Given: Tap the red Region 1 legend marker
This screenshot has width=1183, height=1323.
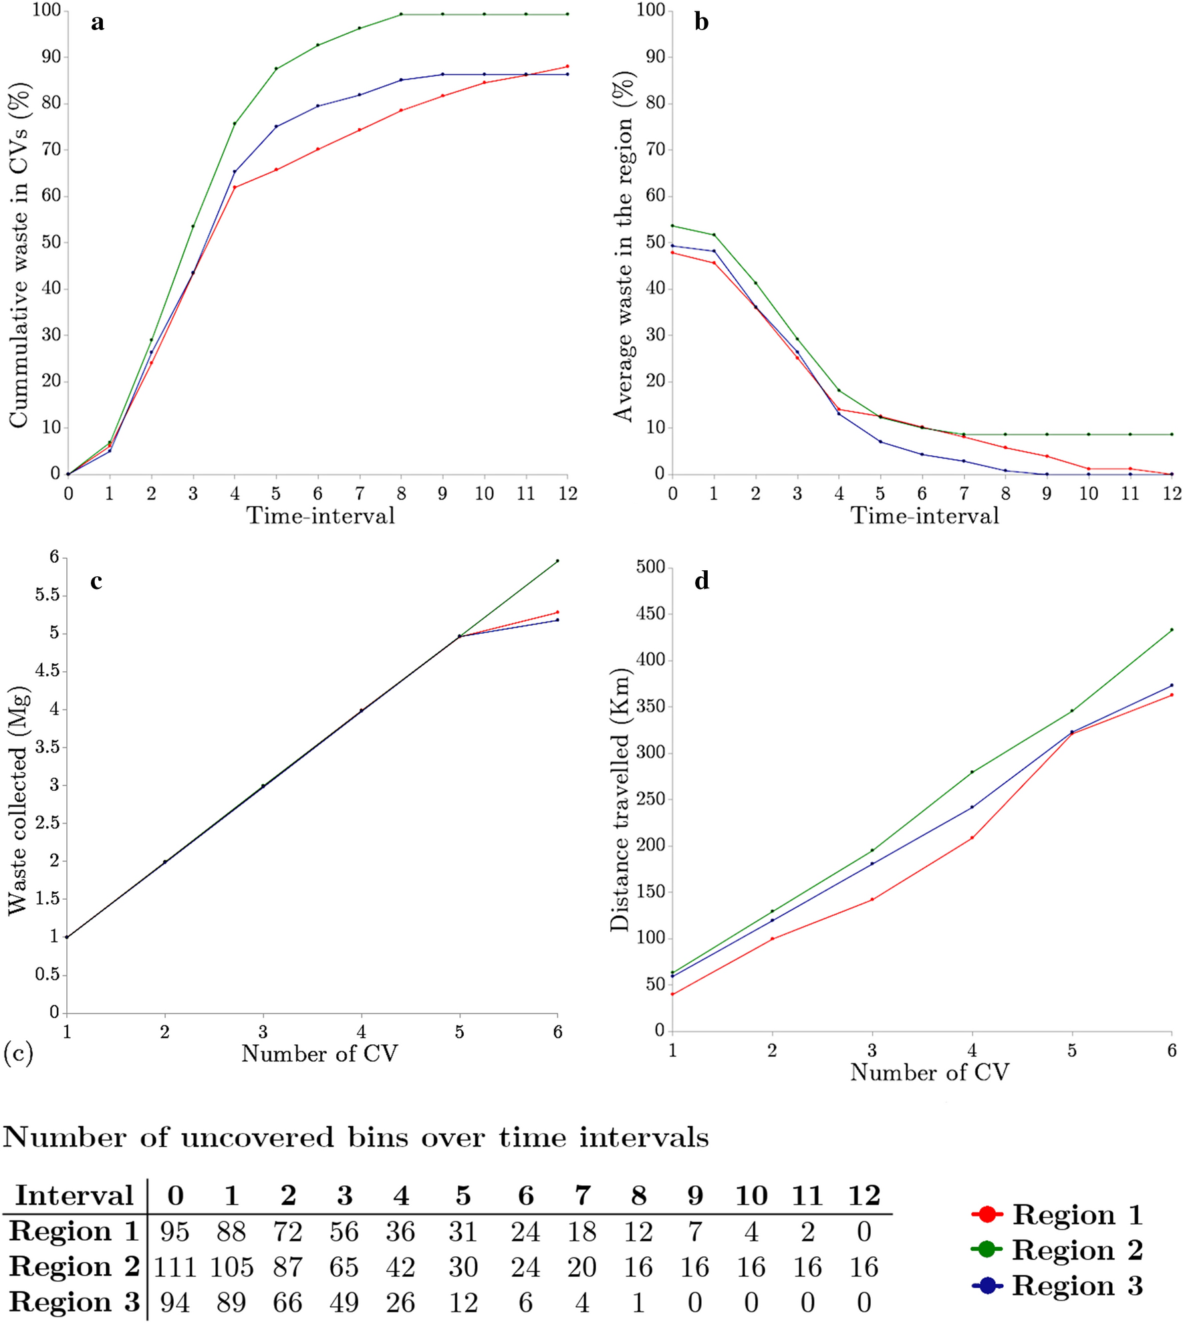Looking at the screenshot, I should pyautogui.click(x=987, y=1214).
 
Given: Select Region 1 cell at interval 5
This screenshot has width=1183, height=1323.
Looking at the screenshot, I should pyautogui.click(x=463, y=1231).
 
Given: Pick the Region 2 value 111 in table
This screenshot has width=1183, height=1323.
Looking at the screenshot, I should pyautogui.click(x=175, y=1267).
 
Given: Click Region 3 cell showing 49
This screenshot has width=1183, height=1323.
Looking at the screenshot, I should pyautogui.click(x=344, y=1302).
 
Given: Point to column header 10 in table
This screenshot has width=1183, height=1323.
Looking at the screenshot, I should pyautogui.click(x=751, y=1196).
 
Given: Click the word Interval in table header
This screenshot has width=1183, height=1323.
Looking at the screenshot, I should pyautogui.click(x=74, y=1196).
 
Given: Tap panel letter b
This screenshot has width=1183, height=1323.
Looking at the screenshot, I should pyautogui.click(x=701, y=23).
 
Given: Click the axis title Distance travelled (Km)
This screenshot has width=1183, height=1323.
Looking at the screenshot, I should pyautogui.click(x=620, y=799).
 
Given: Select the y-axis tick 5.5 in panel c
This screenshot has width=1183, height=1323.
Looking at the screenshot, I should pyautogui.click(x=47, y=595).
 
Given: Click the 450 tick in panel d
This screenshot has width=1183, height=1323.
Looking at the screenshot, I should pyautogui.click(x=650, y=614).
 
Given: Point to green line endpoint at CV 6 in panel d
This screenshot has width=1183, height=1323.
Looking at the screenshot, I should pyautogui.click(x=1172, y=630).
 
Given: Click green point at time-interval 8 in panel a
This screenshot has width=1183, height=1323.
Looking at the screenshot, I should pyautogui.click(x=401, y=14).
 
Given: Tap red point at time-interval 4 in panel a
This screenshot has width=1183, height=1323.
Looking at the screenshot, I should pyautogui.click(x=235, y=187).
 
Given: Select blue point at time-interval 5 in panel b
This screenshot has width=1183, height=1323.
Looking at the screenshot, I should pyautogui.click(x=880, y=442).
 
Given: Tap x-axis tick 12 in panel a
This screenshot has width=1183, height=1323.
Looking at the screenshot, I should pyautogui.click(x=567, y=493).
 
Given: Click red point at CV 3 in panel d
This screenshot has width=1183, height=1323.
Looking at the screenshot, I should pyautogui.click(x=872, y=900).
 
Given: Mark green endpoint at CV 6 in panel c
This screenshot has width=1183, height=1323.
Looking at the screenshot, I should pyautogui.click(x=557, y=561).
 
